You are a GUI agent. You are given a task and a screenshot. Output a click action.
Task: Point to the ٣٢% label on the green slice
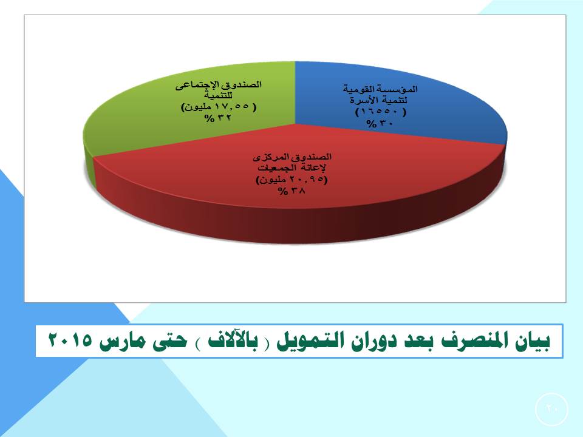click(217, 118)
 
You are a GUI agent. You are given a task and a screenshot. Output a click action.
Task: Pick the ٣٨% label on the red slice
click(291, 191)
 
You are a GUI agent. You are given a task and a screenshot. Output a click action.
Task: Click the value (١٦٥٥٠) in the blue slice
click(381, 112)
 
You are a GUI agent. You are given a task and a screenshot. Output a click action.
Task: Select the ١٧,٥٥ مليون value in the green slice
click(219, 107)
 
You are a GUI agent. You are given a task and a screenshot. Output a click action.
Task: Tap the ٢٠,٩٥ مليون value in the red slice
click(292, 180)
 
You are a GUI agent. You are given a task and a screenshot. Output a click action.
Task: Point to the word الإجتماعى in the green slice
click(196, 85)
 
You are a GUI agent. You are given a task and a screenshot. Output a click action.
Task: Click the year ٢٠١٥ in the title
click(70, 340)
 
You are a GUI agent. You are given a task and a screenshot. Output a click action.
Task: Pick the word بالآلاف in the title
click(233, 340)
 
